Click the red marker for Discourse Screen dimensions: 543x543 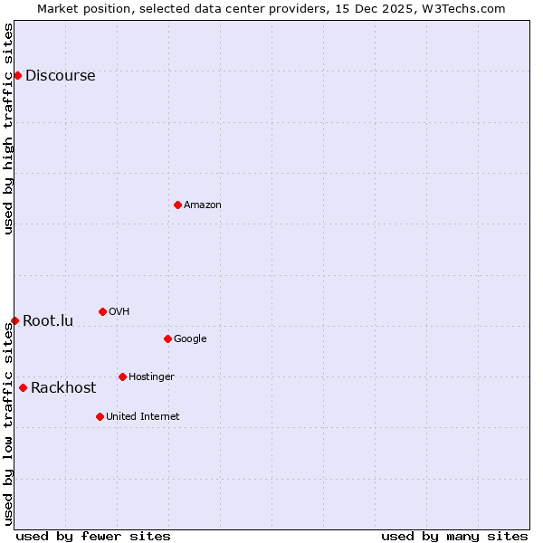coord(17,75)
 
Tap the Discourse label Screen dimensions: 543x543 coord(60,76)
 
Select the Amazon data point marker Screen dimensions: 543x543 coord(177,205)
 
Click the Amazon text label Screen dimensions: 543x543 coord(202,205)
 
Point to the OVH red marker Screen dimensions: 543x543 coord(102,311)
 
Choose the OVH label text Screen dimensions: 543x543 coord(119,312)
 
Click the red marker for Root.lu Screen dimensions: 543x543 coord(14,320)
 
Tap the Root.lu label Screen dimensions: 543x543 coord(48,321)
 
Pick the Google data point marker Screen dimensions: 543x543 coord(167,338)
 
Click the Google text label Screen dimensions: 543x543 coord(190,339)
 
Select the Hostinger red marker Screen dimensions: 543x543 coord(122,376)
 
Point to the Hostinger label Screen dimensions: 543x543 coord(151,377)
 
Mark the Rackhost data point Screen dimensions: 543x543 coord(23,387)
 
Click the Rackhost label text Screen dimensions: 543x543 coord(63,388)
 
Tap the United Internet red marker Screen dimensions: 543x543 coord(100,416)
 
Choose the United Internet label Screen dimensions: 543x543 coord(142,417)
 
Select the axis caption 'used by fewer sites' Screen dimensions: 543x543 coord(93,536)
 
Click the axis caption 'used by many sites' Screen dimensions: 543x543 coord(454,536)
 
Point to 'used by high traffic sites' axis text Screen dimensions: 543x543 coord(8,129)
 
